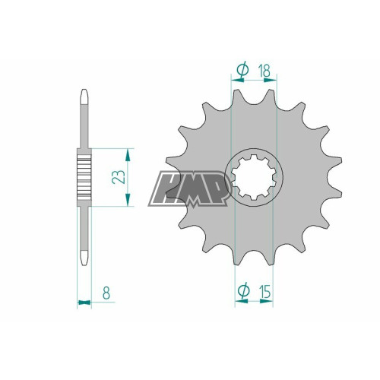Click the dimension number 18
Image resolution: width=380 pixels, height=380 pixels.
(x=264, y=71)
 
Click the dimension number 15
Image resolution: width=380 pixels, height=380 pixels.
(x=264, y=292)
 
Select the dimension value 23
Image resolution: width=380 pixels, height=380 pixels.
(x=119, y=176)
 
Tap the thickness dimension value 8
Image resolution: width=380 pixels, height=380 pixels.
(x=106, y=293)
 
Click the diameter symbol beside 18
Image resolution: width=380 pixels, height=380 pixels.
(x=242, y=69)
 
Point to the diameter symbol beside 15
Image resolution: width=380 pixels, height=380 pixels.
(x=244, y=290)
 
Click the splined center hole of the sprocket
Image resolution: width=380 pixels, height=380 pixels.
(x=254, y=177)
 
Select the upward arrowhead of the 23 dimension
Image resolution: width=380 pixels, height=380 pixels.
(x=128, y=155)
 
